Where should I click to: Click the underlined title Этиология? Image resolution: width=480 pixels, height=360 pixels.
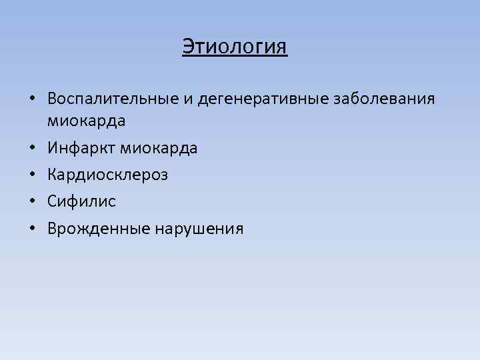(x=235, y=47)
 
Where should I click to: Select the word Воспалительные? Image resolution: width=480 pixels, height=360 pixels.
(x=113, y=99)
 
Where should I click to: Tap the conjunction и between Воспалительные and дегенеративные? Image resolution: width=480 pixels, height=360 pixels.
(x=189, y=99)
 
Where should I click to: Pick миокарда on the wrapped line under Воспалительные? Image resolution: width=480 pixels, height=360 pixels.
(x=87, y=121)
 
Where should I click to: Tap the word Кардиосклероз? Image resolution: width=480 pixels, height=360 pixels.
(x=107, y=175)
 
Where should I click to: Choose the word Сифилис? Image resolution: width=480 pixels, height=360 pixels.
(x=81, y=202)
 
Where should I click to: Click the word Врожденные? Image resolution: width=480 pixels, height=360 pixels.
(x=99, y=229)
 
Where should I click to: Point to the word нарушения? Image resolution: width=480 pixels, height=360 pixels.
(x=199, y=229)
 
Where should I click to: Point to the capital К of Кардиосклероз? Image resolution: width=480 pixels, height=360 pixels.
(x=52, y=175)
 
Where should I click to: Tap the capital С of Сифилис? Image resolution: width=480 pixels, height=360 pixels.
(x=52, y=202)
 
